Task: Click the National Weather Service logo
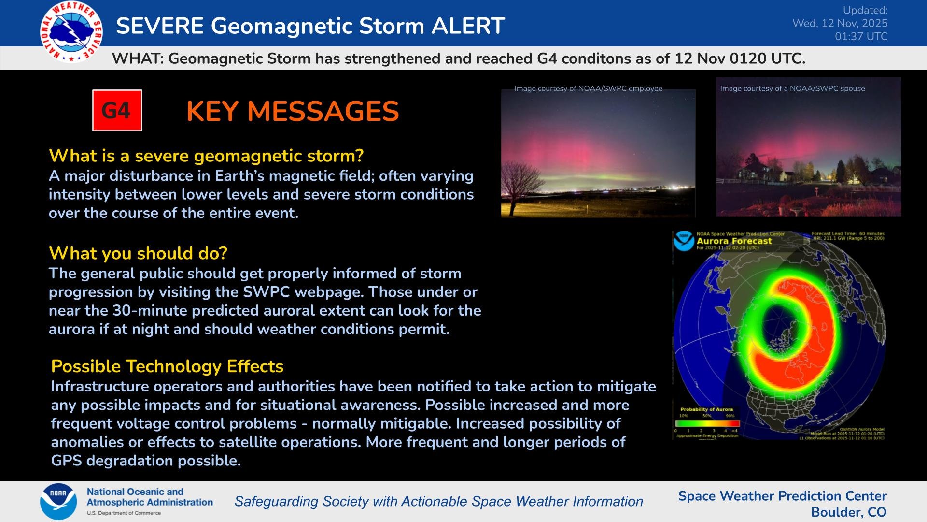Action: coord(71,32)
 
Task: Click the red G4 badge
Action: coord(117,111)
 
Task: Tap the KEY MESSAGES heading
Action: coord(293,112)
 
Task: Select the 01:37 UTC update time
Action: coord(861,37)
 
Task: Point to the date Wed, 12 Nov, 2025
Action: coord(840,23)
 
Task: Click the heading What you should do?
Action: coord(138,253)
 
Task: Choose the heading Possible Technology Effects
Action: coord(167,366)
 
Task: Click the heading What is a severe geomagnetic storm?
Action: coord(206,156)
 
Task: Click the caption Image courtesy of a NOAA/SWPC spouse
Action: coord(792,88)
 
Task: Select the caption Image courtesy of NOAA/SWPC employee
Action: coord(588,88)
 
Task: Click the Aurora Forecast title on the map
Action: coord(734,241)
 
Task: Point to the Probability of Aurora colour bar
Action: coord(707,423)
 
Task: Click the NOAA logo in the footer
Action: coord(58,501)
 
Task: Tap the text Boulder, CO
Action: coord(848,512)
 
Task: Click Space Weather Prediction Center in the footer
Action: coord(782,496)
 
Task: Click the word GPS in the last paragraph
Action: coord(67,461)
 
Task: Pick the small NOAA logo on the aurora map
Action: coord(684,241)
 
